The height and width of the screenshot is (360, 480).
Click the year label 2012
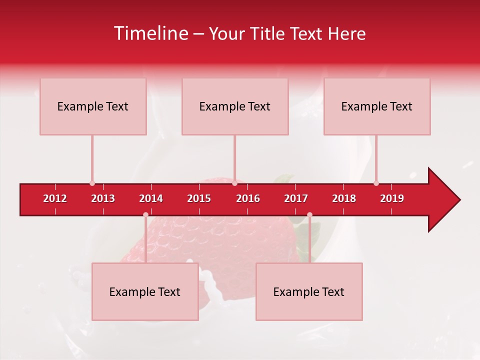point(55,198)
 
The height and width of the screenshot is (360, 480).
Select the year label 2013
point(103,198)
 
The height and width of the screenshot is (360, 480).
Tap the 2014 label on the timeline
point(151,198)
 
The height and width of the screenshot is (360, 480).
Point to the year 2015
point(199,198)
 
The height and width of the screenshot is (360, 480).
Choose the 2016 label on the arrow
point(248,198)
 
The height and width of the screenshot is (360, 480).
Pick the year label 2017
point(296,198)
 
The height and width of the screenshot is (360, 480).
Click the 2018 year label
point(344,198)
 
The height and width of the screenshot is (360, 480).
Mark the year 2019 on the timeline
point(392,198)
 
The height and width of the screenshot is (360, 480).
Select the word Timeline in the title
point(150,33)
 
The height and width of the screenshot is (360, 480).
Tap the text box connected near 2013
point(93,106)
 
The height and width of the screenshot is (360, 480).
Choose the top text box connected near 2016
point(235,106)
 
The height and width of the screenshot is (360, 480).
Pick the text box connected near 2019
point(377,106)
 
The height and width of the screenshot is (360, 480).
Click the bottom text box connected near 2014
point(145,292)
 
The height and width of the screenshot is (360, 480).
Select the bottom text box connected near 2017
point(309,292)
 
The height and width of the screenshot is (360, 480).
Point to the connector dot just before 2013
point(92,183)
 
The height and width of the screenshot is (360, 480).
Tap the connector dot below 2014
point(145,215)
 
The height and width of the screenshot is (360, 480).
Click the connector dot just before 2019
point(376,183)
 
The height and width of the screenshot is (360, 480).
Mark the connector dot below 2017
point(309,215)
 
